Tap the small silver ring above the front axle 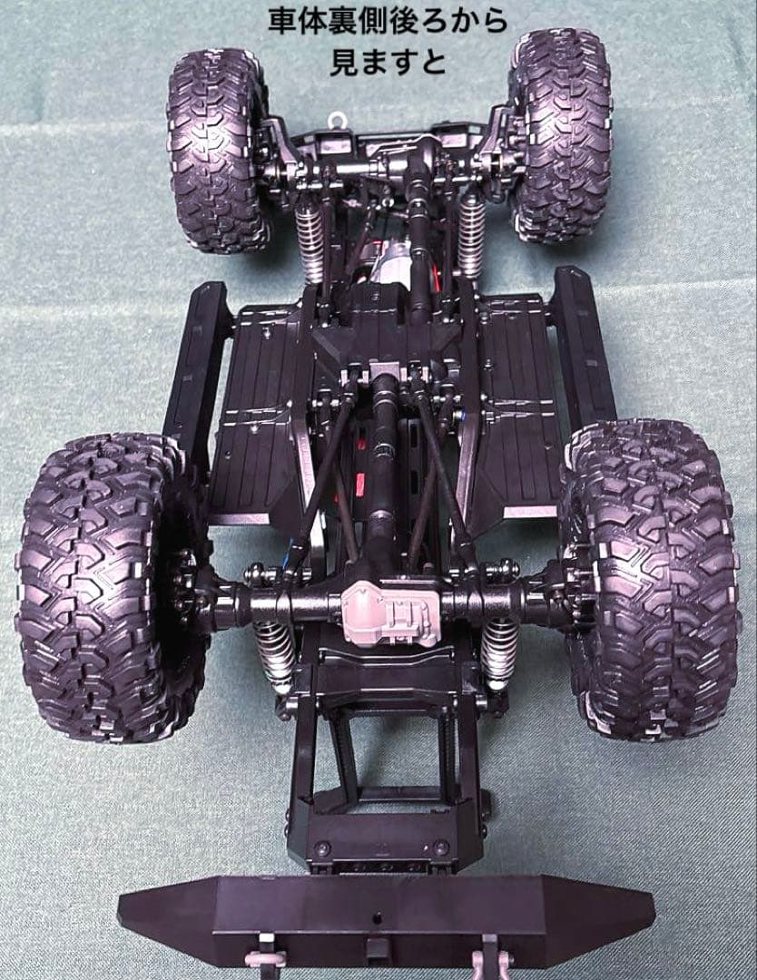(338, 120)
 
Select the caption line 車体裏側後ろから (388, 22)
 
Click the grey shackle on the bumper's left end (265, 952)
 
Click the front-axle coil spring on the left (310, 240)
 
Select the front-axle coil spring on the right (471, 234)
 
